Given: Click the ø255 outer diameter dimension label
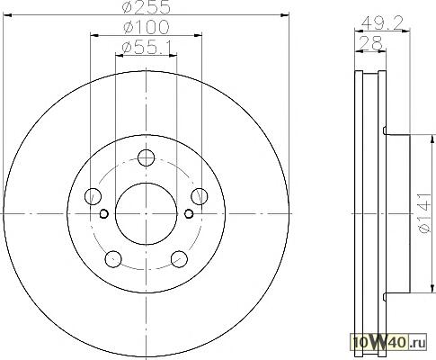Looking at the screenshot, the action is tap(147, 7).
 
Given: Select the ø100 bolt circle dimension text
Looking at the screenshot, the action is tap(147, 27).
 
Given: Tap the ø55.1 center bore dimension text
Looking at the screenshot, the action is tap(147, 48).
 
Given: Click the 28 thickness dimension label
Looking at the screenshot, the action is tap(370, 43).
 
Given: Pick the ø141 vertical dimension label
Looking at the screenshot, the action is tap(425, 213).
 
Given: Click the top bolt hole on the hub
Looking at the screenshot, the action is tap(146, 157).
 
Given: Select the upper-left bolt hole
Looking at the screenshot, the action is tap(93, 196).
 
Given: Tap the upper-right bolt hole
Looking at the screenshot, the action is tap(200, 196).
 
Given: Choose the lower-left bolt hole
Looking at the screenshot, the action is tap(113, 259).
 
